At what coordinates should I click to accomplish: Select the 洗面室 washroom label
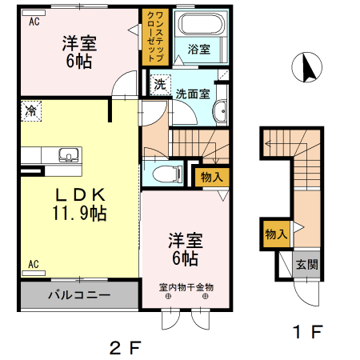193,93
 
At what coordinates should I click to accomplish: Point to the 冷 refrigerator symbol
30,109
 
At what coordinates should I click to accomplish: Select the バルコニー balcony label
79,294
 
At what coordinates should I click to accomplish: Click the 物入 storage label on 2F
212,176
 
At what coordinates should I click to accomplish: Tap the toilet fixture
166,172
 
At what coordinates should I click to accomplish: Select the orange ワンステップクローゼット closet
154,37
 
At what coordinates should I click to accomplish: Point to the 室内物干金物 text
186,286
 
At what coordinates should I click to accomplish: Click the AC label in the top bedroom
34,22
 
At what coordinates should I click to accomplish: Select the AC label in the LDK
34,263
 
